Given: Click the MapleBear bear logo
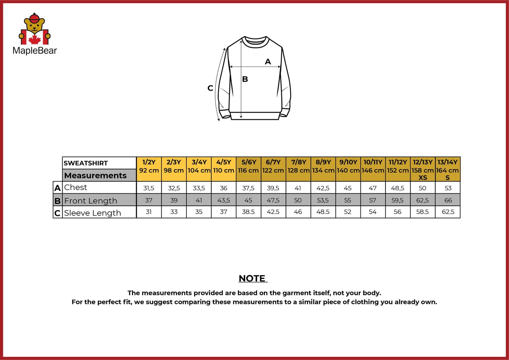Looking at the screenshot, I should point(34,29).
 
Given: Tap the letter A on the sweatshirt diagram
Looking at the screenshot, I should point(268,61).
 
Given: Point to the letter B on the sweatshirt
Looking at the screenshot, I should point(245,79).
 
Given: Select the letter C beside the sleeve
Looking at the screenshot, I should point(210,88).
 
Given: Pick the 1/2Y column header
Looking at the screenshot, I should point(149,166).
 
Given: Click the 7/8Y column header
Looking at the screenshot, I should point(298,166).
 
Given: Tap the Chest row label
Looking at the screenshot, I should point(75,187).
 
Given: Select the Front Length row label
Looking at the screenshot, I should point(91,201).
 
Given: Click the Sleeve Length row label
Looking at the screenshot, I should point(93,213).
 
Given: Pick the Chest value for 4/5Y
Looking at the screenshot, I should point(224,188).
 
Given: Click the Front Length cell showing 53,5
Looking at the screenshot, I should point(323,200).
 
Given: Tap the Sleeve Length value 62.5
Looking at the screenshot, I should point(448,212).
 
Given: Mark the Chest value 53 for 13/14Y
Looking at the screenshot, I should point(448,188).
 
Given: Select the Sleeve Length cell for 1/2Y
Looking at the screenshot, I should point(149,212).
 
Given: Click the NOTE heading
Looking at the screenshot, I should point(252,278).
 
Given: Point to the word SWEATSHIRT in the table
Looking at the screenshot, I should point(86,163).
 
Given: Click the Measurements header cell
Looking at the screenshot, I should point(95,175).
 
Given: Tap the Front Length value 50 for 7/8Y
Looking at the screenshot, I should point(298,200).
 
